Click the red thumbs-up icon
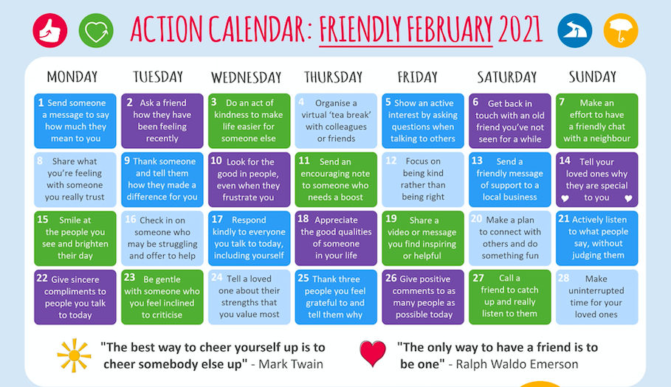50,31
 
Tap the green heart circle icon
96,31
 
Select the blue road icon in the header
575,31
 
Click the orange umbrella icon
621,31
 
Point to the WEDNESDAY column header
246,77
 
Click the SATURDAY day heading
506,77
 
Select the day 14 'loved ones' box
596,179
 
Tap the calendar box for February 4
336,121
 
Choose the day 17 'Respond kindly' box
249,238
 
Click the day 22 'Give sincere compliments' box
75,297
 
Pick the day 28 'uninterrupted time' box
596,297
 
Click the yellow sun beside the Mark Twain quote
74,355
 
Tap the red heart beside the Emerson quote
372,354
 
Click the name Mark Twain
291,364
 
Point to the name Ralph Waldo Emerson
517,364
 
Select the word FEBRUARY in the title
450,29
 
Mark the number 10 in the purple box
216,161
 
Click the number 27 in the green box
478,278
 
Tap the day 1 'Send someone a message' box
75,121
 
